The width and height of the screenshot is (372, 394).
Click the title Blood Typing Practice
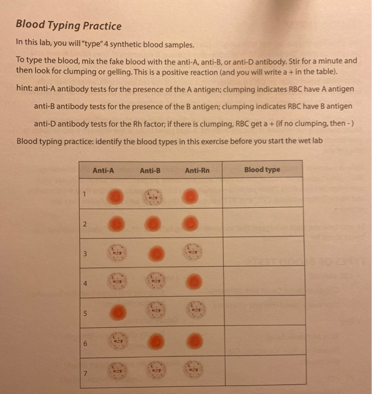pyautogui.click(x=68, y=25)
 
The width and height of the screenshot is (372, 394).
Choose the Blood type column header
pyautogui.click(x=262, y=169)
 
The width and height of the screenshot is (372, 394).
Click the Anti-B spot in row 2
pyautogui.click(x=153, y=223)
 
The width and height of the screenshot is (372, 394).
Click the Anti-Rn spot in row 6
pyautogui.click(x=192, y=341)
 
